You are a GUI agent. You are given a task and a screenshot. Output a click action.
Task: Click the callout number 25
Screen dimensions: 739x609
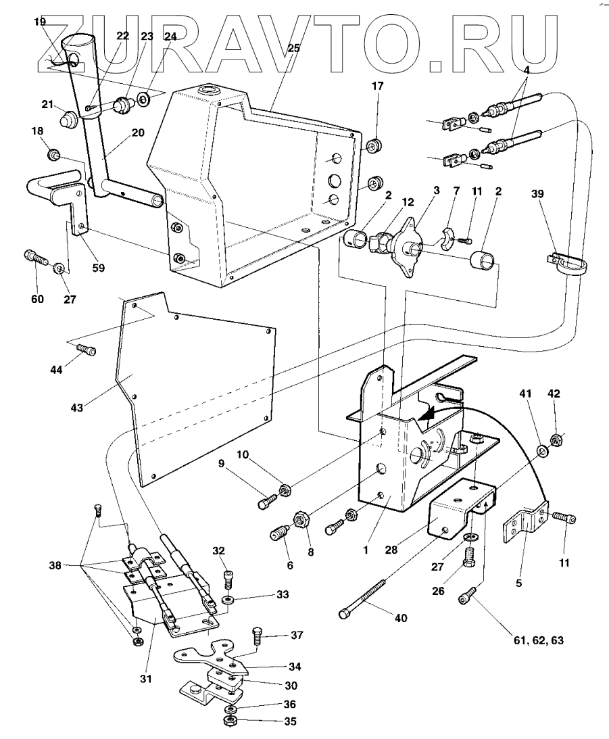pyautogui.click(x=293, y=49)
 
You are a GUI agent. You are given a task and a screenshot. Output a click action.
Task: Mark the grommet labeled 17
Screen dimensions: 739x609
pyautogui.click(x=375, y=145)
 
